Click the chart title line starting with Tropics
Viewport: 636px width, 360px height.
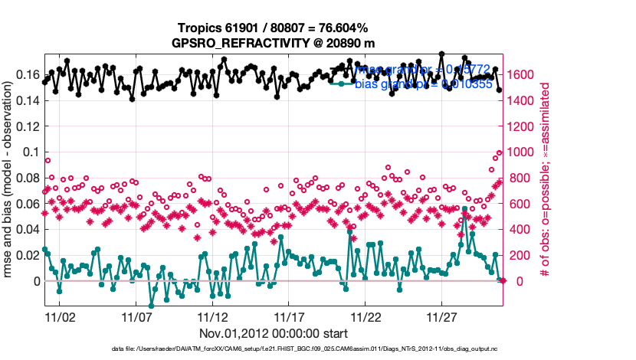(273, 28)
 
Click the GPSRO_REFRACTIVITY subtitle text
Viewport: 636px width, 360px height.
(273, 43)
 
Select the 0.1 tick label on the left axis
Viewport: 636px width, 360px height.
(34, 152)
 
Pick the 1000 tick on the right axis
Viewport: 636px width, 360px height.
(520, 152)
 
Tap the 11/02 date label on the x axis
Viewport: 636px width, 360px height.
(60, 316)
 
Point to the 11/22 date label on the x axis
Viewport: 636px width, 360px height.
(366, 316)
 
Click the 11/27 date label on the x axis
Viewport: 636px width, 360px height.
(443, 316)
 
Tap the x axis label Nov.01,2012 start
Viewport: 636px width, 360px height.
(274, 333)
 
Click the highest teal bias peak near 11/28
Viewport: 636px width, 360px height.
(464, 208)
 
